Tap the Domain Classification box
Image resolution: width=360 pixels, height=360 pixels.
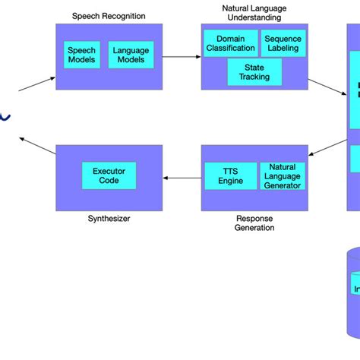click(230, 43)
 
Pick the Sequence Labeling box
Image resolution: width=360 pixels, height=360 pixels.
click(283, 43)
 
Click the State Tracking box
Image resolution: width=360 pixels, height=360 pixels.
click(254, 72)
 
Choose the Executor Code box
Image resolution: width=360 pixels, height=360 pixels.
click(109, 176)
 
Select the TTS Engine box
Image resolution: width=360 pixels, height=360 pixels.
click(231, 176)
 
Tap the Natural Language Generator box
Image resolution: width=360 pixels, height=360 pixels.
click(282, 176)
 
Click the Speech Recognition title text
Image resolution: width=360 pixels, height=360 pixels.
click(109, 16)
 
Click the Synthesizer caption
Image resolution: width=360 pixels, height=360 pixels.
click(109, 219)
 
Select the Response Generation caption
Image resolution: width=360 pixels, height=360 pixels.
click(254, 223)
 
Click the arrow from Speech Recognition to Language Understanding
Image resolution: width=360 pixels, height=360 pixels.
click(182, 56)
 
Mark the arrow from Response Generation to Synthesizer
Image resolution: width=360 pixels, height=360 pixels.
click(182, 178)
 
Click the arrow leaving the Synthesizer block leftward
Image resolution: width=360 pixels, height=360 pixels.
click(37, 146)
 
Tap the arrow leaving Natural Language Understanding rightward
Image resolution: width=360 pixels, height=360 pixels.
click(327, 86)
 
